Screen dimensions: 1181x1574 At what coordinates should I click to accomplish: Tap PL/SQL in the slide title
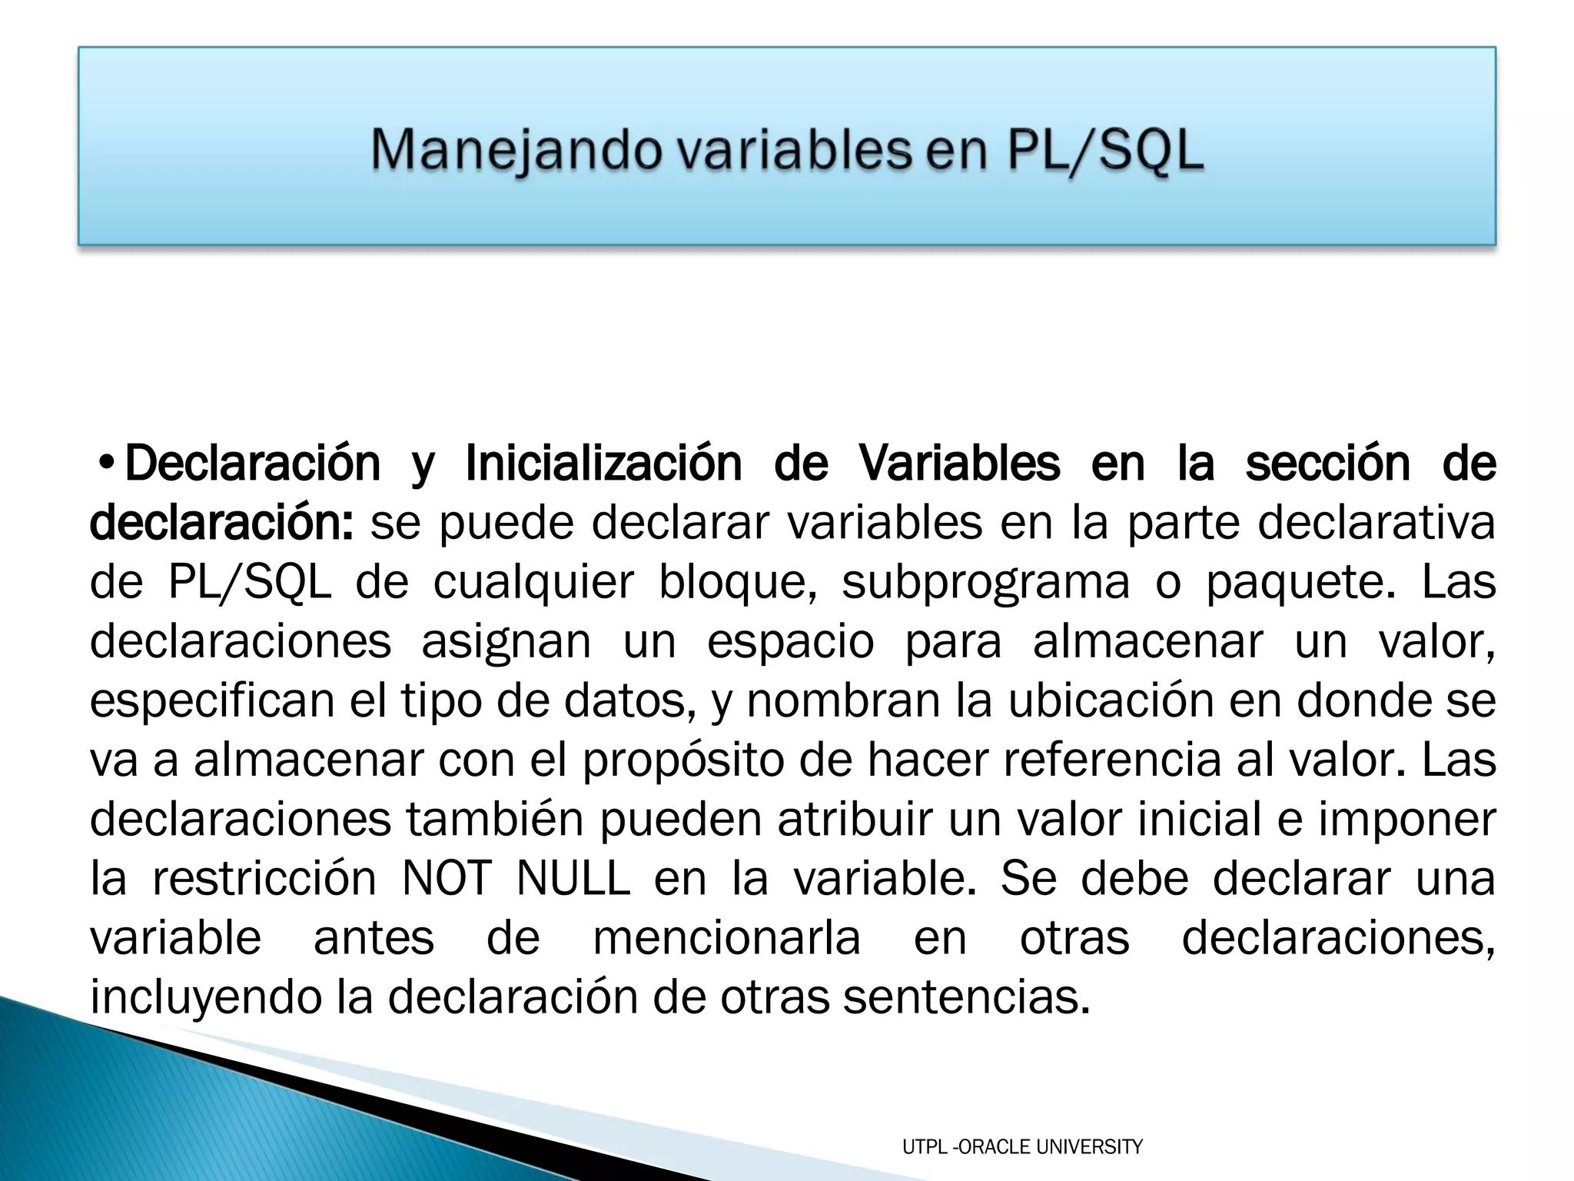coord(1104,151)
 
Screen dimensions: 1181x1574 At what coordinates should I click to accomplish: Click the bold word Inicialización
coord(603,464)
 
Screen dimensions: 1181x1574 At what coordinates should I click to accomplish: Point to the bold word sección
coord(1327,464)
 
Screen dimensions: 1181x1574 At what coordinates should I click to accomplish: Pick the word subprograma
coord(985,582)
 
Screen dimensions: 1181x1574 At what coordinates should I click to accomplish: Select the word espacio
coord(790,642)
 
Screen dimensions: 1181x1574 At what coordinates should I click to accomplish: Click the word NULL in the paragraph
coord(573,879)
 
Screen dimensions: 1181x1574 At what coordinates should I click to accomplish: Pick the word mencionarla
coord(726,938)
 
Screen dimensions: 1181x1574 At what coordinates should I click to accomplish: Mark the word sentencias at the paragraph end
coord(966,997)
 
